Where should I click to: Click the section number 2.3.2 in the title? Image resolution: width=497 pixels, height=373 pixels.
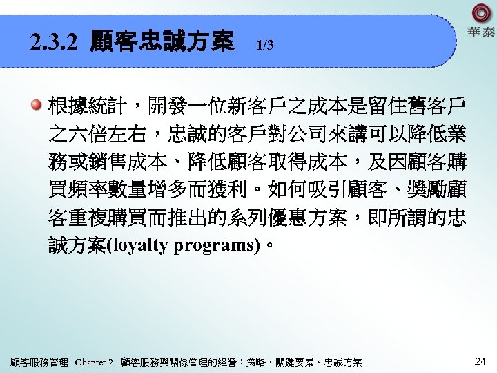55,44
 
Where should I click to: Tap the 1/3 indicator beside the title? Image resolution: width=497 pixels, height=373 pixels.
265,46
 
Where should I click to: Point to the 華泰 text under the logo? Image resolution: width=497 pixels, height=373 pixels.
481,32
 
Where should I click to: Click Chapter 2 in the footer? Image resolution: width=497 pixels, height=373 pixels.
94,362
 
